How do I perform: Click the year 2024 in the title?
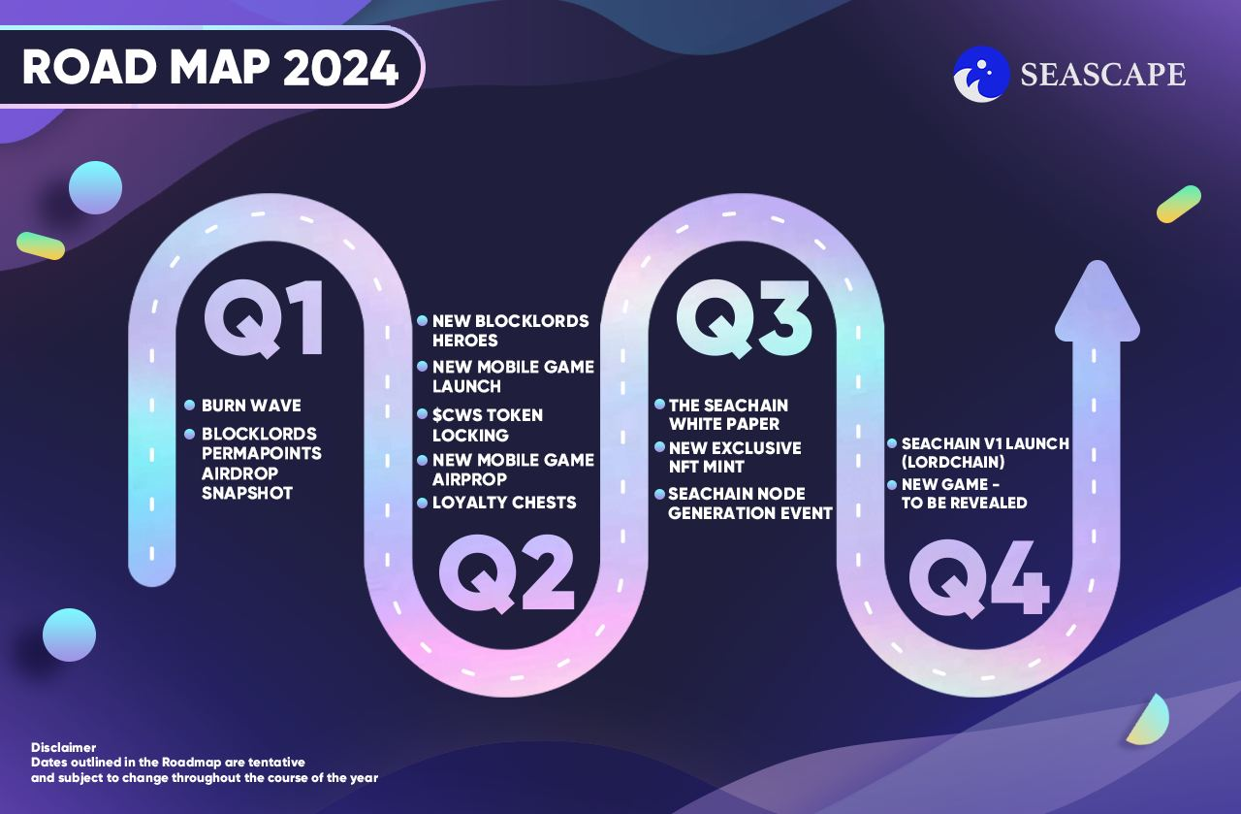pyautogui.click(x=340, y=68)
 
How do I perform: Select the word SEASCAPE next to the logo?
pyautogui.click(x=1103, y=75)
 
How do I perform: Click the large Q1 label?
pyautogui.click(x=264, y=318)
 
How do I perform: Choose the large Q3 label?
pyautogui.click(x=744, y=318)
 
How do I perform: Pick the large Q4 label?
pyautogui.click(x=979, y=579)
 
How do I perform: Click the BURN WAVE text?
pyautogui.click(x=251, y=406)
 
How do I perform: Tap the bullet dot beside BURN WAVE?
pyautogui.click(x=189, y=406)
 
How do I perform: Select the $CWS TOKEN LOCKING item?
pyautogui.click(x=488, y=425)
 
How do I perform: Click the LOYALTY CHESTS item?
pyautogui.click(x=504, y=503)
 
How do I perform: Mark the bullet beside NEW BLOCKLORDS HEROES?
pyautogui.click(x=422, y=320)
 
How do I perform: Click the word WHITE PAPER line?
pyautogui.click(x=724, y=424)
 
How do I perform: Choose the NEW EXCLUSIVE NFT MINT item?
pyautogui.click(x=735, y=458)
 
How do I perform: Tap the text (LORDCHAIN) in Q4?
pyautogui.click(x=953, y=462)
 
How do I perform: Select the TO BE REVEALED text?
pyautogui.click(x=964, y=503)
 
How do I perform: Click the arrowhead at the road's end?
pyautogui.click(x=1098, y=302)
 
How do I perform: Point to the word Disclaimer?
pyautogui.click(x=63, y=747)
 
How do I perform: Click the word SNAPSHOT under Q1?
pyautogui.click(x=247, y=493)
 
